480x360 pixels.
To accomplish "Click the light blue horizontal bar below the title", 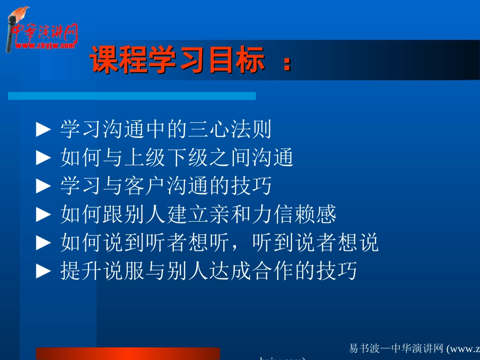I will [131, 96].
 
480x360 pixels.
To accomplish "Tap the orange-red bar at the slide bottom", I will [128, 353].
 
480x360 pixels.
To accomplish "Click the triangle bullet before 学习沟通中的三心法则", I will [44, 130].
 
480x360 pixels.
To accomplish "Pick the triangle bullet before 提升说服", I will [44, 272].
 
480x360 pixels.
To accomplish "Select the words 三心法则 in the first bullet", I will [230, 130].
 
